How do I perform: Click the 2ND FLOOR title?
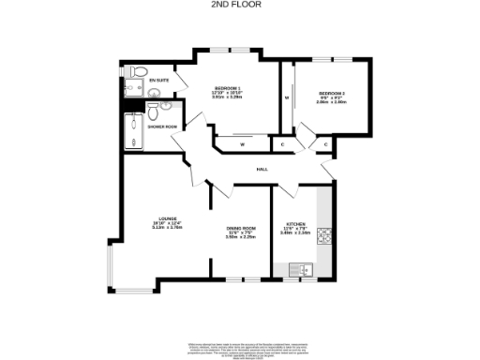pos(241,5)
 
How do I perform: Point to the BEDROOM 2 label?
pos(331,93)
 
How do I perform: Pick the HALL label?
pos(263,169)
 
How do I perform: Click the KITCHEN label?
pos(295,225)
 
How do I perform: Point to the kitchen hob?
pos(325,235)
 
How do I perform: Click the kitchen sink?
pos(305,270)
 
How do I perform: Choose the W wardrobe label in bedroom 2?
pos(287,97)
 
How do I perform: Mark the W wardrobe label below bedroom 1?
pos(242,144)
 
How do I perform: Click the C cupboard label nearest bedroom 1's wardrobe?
pos(282,144)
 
